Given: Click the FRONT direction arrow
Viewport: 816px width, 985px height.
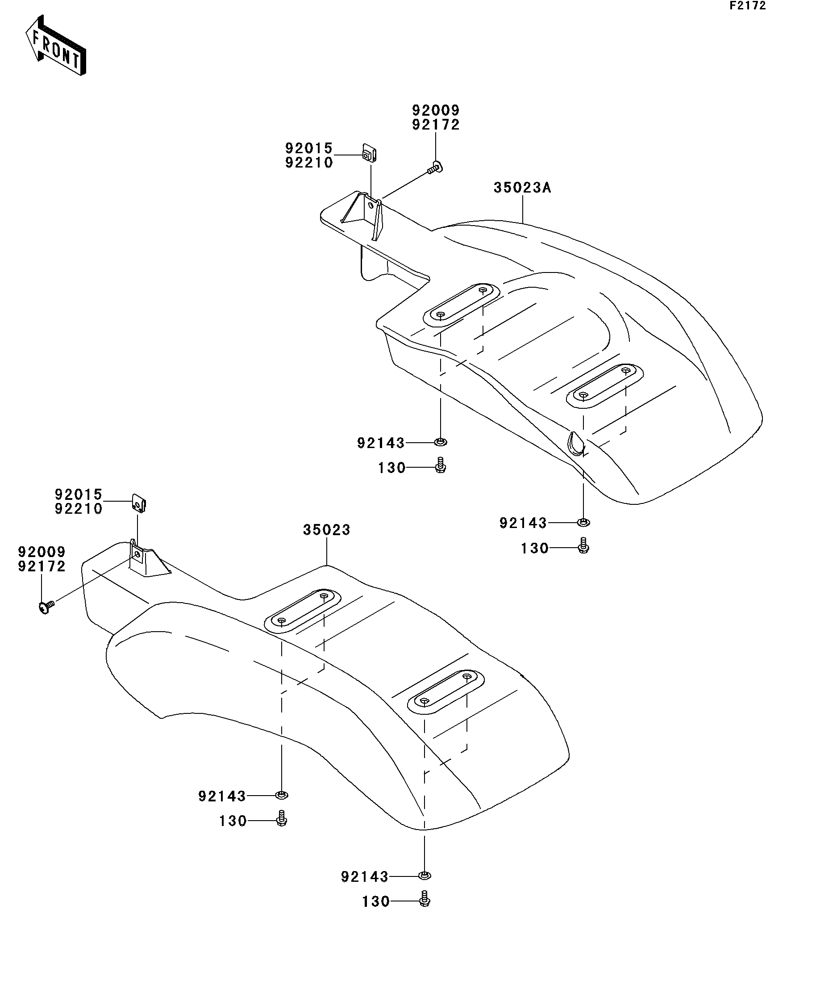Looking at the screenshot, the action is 55,46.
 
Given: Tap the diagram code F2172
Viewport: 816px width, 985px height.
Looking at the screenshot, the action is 747,6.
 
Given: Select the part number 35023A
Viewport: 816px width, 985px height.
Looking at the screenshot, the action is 522,188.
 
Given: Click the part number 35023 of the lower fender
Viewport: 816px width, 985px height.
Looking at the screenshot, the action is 326,530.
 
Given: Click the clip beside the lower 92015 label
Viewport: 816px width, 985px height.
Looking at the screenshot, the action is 139,503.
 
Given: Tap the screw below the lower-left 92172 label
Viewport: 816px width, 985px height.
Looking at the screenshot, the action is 46,608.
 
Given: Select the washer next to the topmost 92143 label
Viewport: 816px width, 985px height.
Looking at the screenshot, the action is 440,441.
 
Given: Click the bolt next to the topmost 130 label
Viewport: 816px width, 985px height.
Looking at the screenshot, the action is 440,465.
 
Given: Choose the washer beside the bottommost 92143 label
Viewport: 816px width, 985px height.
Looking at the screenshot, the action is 424,875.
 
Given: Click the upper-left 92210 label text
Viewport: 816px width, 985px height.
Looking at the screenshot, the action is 309,163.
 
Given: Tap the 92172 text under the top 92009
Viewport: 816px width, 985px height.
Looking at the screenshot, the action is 436,125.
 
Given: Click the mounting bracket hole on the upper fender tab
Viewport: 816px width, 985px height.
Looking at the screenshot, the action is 371,205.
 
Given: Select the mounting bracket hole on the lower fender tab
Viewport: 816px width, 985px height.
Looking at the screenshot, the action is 137,554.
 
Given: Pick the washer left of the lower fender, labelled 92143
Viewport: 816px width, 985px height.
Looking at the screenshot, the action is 282,795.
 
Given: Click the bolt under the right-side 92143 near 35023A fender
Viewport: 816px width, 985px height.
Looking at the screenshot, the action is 583,545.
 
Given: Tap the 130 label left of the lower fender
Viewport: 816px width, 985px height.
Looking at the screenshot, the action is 233,821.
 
